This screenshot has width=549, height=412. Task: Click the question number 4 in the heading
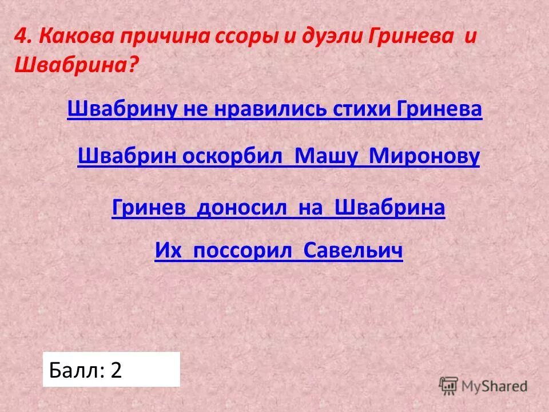point(21,37)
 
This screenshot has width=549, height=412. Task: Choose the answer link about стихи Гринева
point(274,109)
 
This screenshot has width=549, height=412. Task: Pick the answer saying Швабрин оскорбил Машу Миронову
point(278,156)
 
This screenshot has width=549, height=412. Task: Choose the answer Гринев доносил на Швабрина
point(278,208)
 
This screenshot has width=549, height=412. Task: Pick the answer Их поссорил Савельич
point(279,251)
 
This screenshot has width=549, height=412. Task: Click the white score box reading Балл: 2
point(112,370)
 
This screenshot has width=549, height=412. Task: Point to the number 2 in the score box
point(116,370)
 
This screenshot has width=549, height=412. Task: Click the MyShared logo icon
point(449,385)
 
